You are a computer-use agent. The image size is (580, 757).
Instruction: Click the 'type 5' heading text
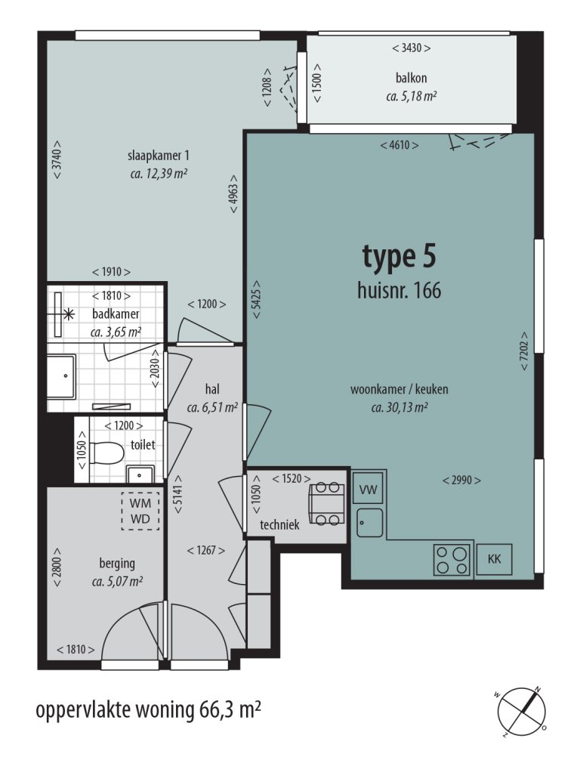[x=399, y=257]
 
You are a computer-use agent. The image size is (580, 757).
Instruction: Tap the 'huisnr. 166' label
[x=399, y=290]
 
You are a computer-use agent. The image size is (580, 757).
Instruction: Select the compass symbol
[x=522, y=710]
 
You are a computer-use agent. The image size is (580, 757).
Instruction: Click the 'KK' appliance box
[x=495, y=560]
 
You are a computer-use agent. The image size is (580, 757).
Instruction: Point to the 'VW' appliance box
[x=369, y=490]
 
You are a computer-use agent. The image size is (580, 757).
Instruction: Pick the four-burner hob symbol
[x=452, y=560]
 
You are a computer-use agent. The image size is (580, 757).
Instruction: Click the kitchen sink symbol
[x=369, y=522]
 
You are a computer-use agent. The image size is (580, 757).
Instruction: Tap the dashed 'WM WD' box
[x=141, y=510]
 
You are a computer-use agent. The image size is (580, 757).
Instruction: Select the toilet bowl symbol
[x=106, y=453]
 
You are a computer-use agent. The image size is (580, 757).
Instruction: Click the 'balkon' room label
[x=412, y=78]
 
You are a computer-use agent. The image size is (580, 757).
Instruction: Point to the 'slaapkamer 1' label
[x=158, y=156]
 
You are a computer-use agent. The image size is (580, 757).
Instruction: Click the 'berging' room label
[x=117, y=563]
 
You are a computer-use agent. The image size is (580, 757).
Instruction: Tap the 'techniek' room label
[x=280, y=524]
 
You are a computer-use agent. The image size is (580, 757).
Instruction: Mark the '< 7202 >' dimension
[x=523, y=351]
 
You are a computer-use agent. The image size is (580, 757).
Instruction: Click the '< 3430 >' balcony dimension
[x=412, y=48]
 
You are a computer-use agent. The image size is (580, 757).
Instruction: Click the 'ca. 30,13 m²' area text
[x=400, y=408]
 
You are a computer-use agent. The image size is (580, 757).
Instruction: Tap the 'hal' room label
[x=212, y=389]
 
